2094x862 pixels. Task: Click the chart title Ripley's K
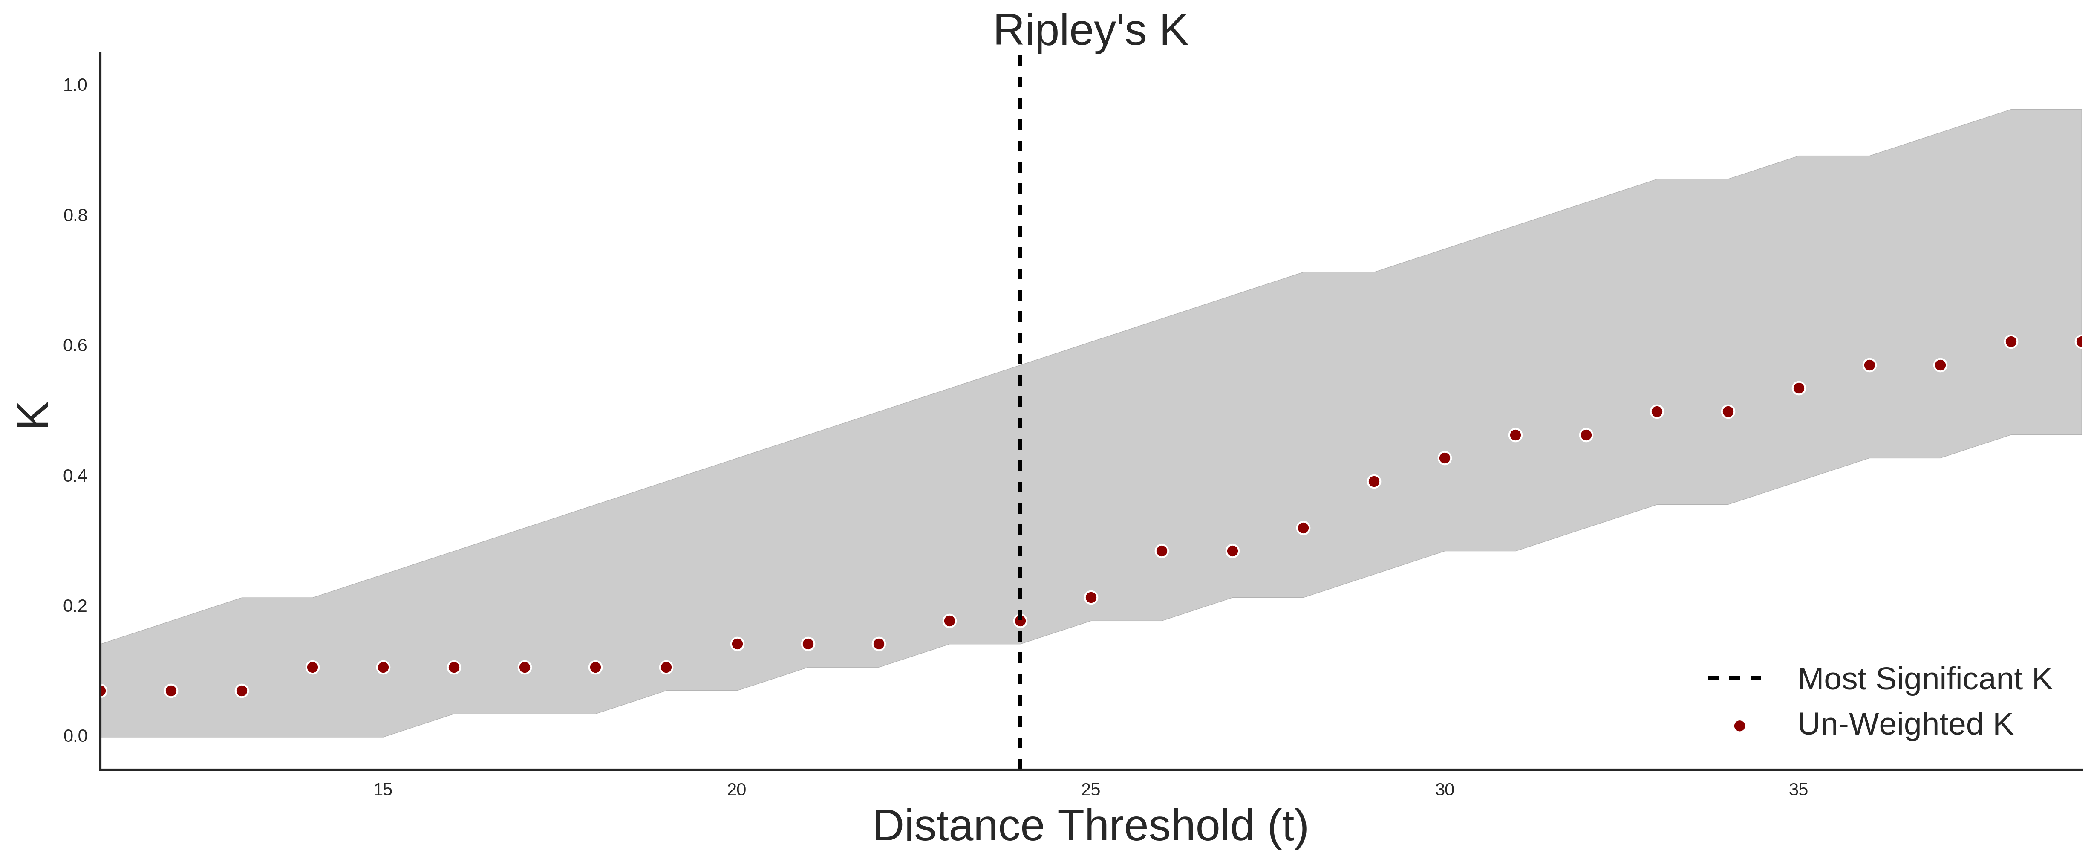pos(1090,31)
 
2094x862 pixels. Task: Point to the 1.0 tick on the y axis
pos(75,84)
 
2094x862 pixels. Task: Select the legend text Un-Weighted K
pos(1905,724)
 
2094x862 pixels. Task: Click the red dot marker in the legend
pos(1739,726)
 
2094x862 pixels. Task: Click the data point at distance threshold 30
pos(1445,458)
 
